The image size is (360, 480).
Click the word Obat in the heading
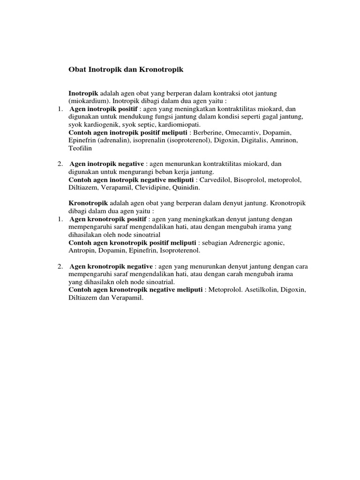[77, 70]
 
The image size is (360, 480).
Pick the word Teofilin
[80, 148]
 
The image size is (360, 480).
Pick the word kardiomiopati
[178, 124]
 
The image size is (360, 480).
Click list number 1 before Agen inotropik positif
[60, 109]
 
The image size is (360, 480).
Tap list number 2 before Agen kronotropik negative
[60, 266]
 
